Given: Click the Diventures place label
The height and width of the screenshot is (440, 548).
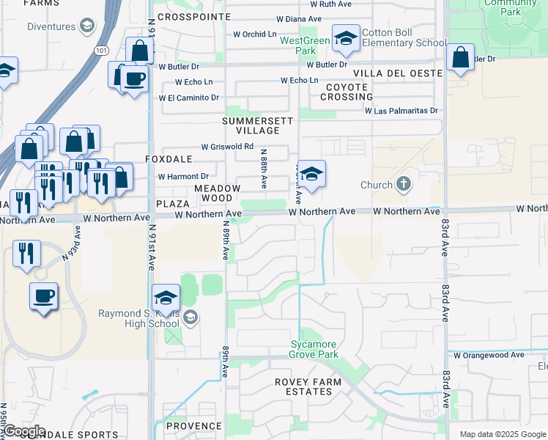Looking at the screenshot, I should (51, 26).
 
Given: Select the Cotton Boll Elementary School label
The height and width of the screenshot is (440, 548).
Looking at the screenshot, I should (404, 43).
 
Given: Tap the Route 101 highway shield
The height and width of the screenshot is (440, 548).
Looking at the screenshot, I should (100, 49).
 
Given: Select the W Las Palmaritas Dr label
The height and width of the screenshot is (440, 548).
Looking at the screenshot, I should (401, 111).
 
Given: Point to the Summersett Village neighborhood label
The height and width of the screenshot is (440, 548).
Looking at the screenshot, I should (258, 125).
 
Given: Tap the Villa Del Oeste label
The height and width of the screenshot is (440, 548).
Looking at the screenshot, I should (397, 73).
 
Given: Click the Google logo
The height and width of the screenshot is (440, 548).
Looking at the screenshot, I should (23, 431).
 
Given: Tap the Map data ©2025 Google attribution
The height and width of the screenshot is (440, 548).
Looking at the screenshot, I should (503, 434).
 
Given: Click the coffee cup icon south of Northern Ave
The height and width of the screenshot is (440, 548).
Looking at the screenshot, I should (43, 296).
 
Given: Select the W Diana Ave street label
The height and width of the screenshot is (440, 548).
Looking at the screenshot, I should (299, 18).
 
